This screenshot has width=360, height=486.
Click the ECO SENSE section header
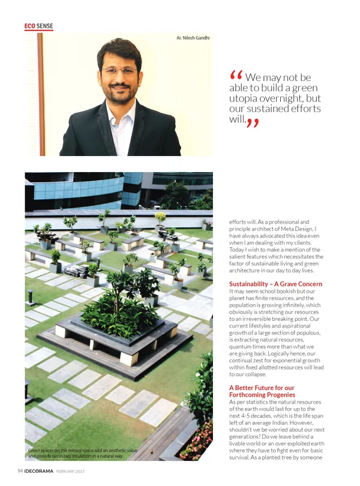pos(39,26)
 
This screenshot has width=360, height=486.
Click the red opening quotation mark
pos(236,76)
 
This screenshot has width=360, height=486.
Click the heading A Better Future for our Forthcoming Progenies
pos(262,391)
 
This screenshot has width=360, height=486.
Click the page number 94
pos(20,471)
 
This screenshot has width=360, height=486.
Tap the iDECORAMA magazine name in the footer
pos(40,471)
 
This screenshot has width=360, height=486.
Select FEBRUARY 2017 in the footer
pos(71,471)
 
